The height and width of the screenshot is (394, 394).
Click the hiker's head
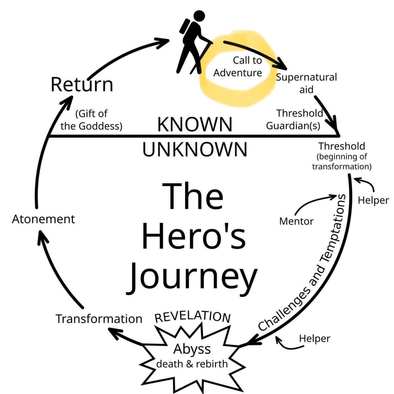point(199,15)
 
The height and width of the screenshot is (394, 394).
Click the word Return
point(82,84)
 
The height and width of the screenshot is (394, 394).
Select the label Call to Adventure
point(237,67)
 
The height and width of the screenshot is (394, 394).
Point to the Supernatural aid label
point(306,83)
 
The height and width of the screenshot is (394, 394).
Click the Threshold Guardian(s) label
point(295,120)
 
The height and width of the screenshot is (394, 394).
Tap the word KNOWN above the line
point(195,124)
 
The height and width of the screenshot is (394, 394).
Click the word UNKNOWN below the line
point(195,149)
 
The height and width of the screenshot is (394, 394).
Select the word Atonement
point(44,219)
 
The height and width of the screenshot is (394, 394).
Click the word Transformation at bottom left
point(99,319)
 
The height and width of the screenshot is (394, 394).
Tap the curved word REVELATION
point(192,317)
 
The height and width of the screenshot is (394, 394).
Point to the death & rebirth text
point(192,364)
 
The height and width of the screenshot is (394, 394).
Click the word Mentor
point(296,221)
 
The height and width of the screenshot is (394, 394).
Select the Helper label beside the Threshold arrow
point(373,200)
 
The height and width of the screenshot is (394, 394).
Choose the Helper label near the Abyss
point(315,339)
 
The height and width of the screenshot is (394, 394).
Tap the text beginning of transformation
point(342,162)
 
